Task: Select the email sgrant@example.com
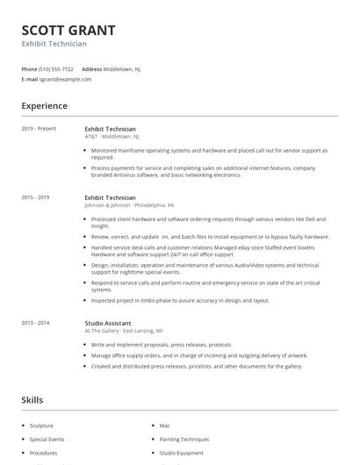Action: [65, 79]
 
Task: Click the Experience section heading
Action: [44, 106]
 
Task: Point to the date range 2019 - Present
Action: [39, 128]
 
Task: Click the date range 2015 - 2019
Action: [36, 198]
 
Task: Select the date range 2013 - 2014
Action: [36, 323]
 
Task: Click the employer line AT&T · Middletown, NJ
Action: [112, 137]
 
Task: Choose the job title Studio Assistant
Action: [109, 323]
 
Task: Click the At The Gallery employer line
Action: [124, 331]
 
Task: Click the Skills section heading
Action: [32, 400]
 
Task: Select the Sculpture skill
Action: [41, 425]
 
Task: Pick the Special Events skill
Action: [47, 439]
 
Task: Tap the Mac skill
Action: [164, 425]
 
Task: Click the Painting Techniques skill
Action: [184, 439]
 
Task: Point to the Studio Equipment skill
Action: [181, 453]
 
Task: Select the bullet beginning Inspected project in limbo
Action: [180, 300]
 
